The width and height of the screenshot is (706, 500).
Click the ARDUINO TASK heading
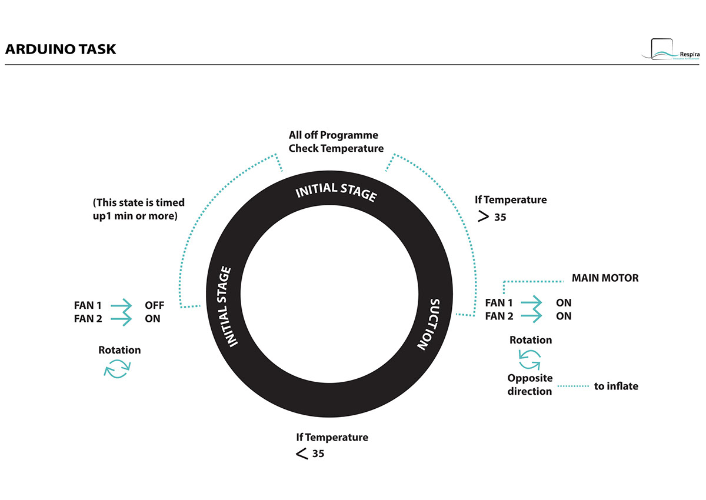(61, 49)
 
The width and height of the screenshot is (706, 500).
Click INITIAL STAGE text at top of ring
(335, 191)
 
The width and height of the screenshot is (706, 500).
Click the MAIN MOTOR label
(605, 278)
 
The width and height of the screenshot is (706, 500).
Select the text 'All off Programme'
(333, 135)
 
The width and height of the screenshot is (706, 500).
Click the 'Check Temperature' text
(335, 148)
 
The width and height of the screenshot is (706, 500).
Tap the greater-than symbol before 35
(484, 216)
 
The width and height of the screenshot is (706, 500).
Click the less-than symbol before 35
(301, 454)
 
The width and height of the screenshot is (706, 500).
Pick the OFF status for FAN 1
(154, 305)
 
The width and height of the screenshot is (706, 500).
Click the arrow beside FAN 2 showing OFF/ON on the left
(122, 319)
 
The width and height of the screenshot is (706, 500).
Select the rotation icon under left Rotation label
(116, 369)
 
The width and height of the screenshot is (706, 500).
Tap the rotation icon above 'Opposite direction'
(529, 358)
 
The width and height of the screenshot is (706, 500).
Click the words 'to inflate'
(616, 386)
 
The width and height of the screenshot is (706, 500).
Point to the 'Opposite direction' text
(529, 385)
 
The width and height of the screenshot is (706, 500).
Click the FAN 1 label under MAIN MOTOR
(499, 303)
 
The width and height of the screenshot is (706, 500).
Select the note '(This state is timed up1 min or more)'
(138, 208)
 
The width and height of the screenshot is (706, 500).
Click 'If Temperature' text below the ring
(332, 437)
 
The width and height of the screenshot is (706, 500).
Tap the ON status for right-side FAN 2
(564, 316)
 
